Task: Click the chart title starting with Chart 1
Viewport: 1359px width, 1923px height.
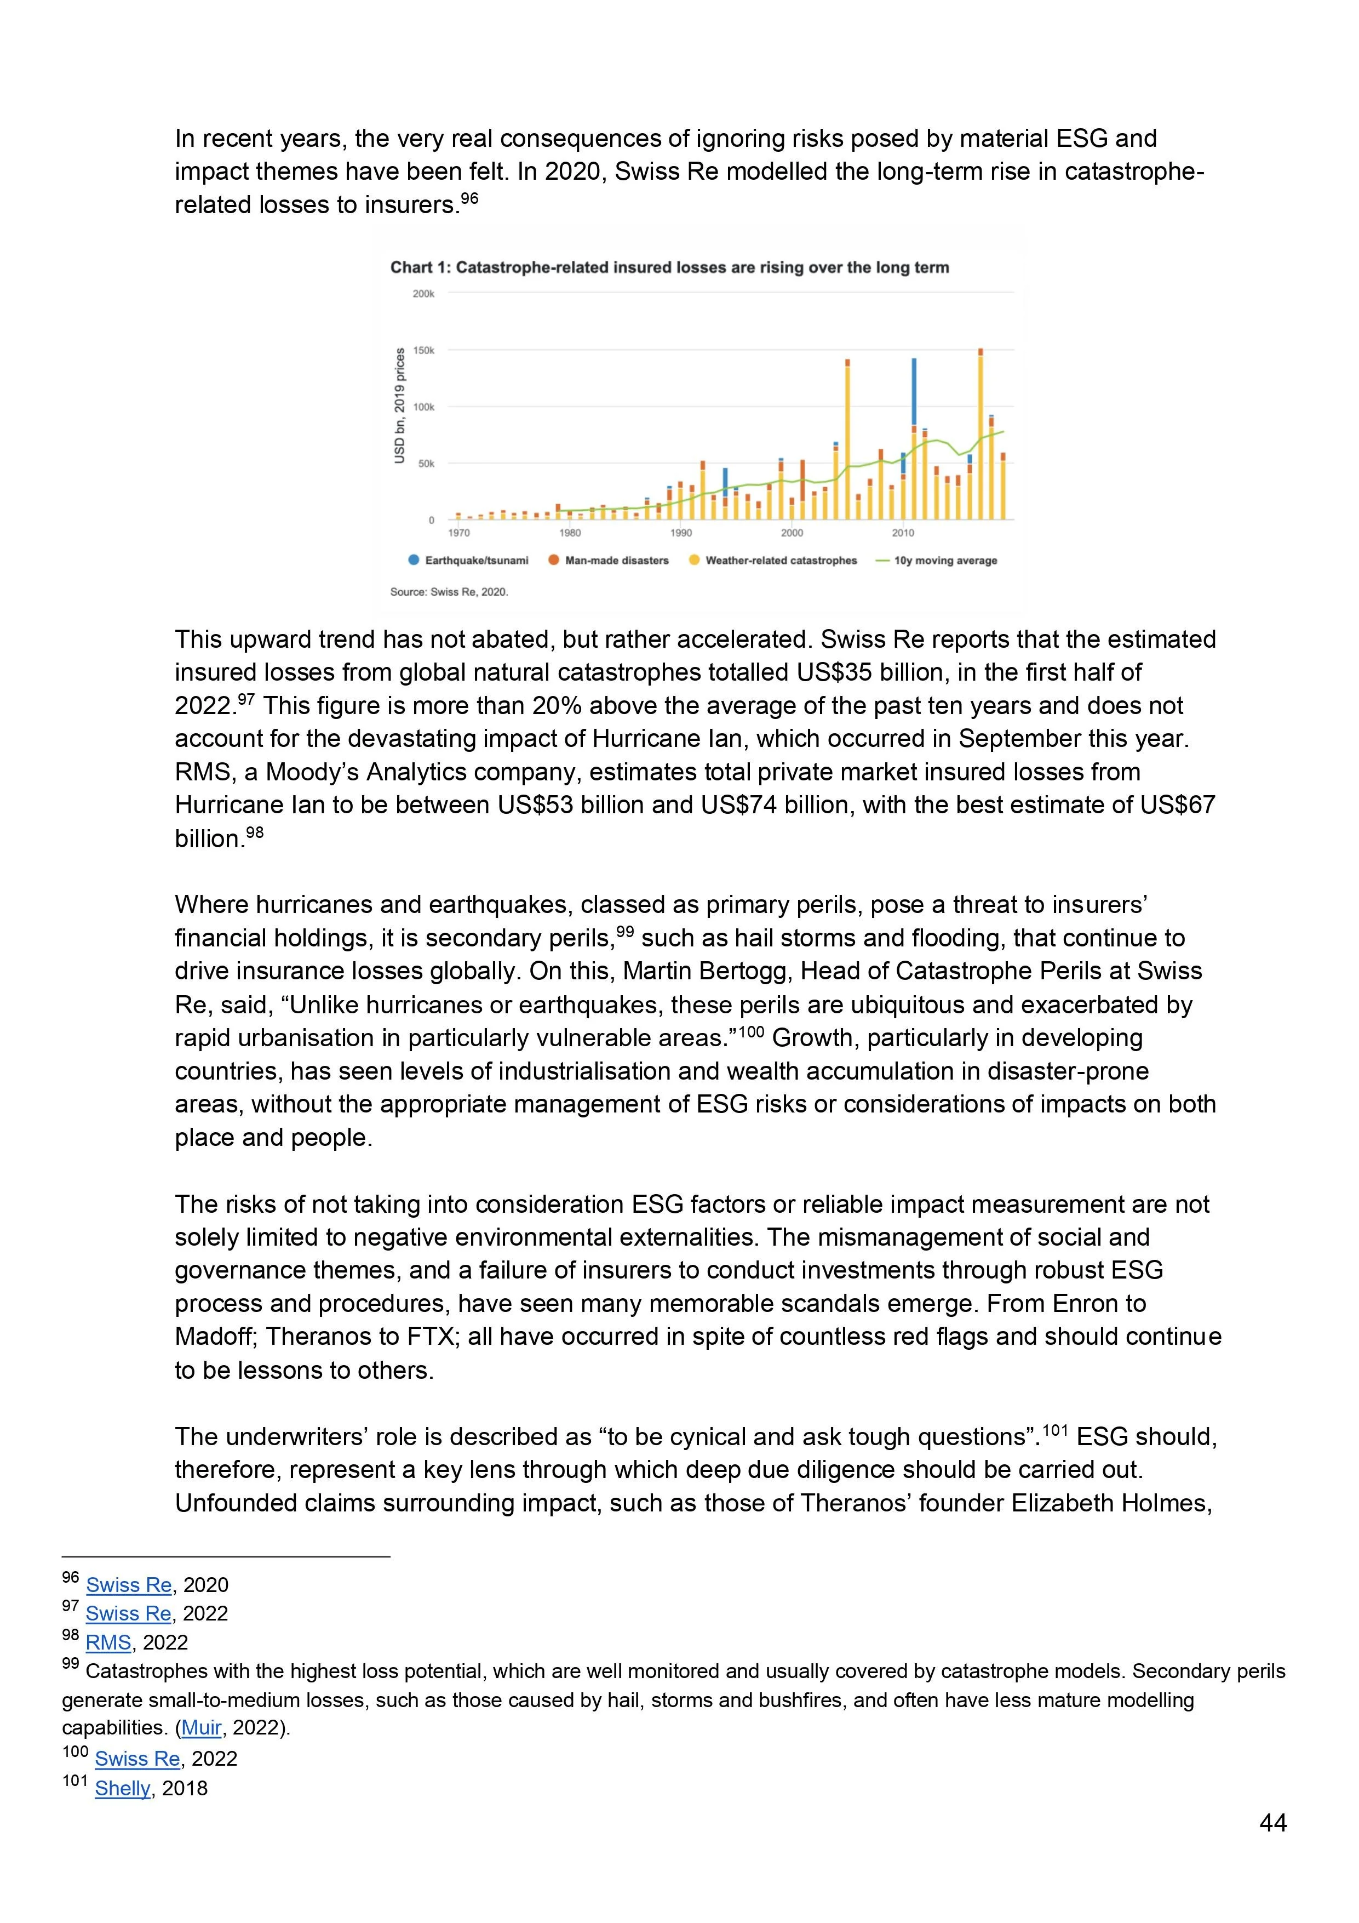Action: pyautogui.click(x=669, y=268)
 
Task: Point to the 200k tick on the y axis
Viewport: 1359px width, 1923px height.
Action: pyautogui.click(x=423, y=294)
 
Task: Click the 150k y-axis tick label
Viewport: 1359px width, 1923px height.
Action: pyautogui.click(x=423, y=351)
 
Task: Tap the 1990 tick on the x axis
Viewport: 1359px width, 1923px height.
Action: pyautogui.click(x=681, y=533)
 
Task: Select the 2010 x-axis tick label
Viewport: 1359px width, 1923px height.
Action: pyautogui.click(x=903, y=533)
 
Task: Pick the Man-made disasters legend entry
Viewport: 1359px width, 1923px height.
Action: pyautogui.click(x=616, y=560)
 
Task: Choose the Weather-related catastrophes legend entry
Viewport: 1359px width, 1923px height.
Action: pyautogui.click(x=781, y=560)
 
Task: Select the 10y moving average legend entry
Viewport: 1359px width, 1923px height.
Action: pyautogui.click(x=944, y=560)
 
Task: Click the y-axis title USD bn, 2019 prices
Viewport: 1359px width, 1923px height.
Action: pyautogui.click(x=400, y=406)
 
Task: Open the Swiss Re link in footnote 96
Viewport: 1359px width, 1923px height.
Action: pyautogui.click(x=128, y=1585)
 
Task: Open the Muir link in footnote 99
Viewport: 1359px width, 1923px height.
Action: pyautogui.click(x=201, y=1728)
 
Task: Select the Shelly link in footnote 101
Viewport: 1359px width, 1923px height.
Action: pyautogui.click(x=122, y=1788)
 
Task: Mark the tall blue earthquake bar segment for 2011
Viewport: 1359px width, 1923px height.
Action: pyautogui.click(x=914, y=392)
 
